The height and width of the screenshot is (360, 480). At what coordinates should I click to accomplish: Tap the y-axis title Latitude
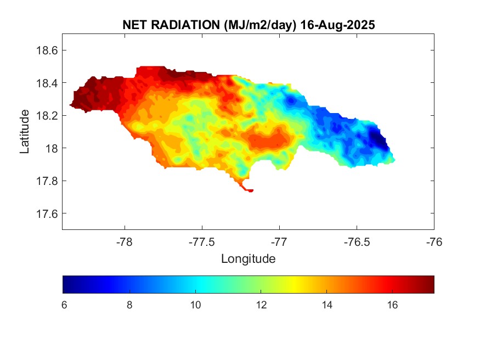click(x=25, y=131)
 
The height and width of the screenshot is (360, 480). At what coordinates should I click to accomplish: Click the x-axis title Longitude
click(x=248, y=258)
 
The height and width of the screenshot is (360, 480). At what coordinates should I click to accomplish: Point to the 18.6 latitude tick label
click(x=47, y=50)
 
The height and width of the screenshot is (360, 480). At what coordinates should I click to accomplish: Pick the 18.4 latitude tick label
click(x=47, y=83)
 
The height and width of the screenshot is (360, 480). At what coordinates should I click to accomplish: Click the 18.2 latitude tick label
click(x=47, y=116)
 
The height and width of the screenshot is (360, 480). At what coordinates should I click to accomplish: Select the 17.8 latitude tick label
click(x=47, y=181)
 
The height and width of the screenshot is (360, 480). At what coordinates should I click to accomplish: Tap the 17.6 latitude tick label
click(x=47, y=213)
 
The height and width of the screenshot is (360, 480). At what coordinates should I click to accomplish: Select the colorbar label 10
click(x=195, y=305)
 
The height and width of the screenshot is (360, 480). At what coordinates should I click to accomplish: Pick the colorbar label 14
click(x=327, y=305)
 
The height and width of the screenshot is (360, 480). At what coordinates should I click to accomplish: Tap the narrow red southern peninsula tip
click(x=250, y=190)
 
